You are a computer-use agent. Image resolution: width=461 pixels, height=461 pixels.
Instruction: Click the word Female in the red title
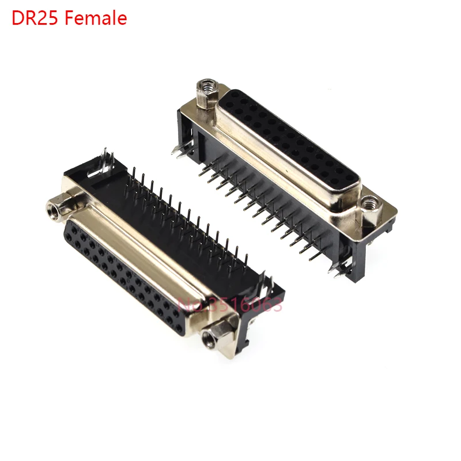(x=96, y=18)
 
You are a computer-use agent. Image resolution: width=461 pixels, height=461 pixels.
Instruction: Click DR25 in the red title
(x=36, y=18)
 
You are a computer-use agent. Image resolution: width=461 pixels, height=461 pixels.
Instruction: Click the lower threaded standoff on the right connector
(x=370, y=208)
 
